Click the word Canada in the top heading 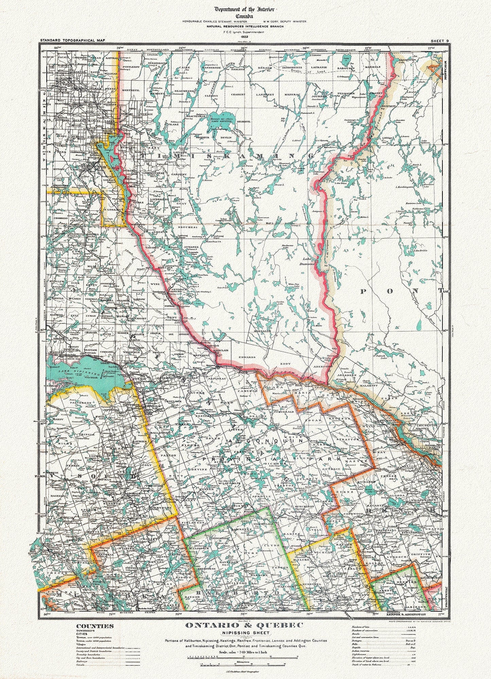[245, 15]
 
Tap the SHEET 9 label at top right [440, 41]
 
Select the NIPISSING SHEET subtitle [246, 633]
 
